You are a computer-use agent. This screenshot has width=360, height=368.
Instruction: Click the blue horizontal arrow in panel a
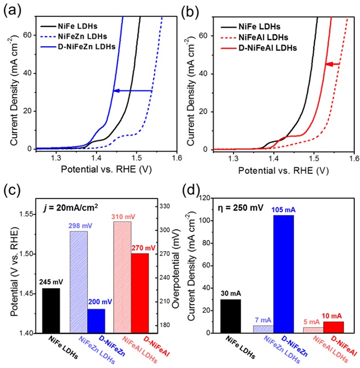pos(133,90)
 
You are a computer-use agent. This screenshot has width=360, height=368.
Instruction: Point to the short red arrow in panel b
pos(333,64)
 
